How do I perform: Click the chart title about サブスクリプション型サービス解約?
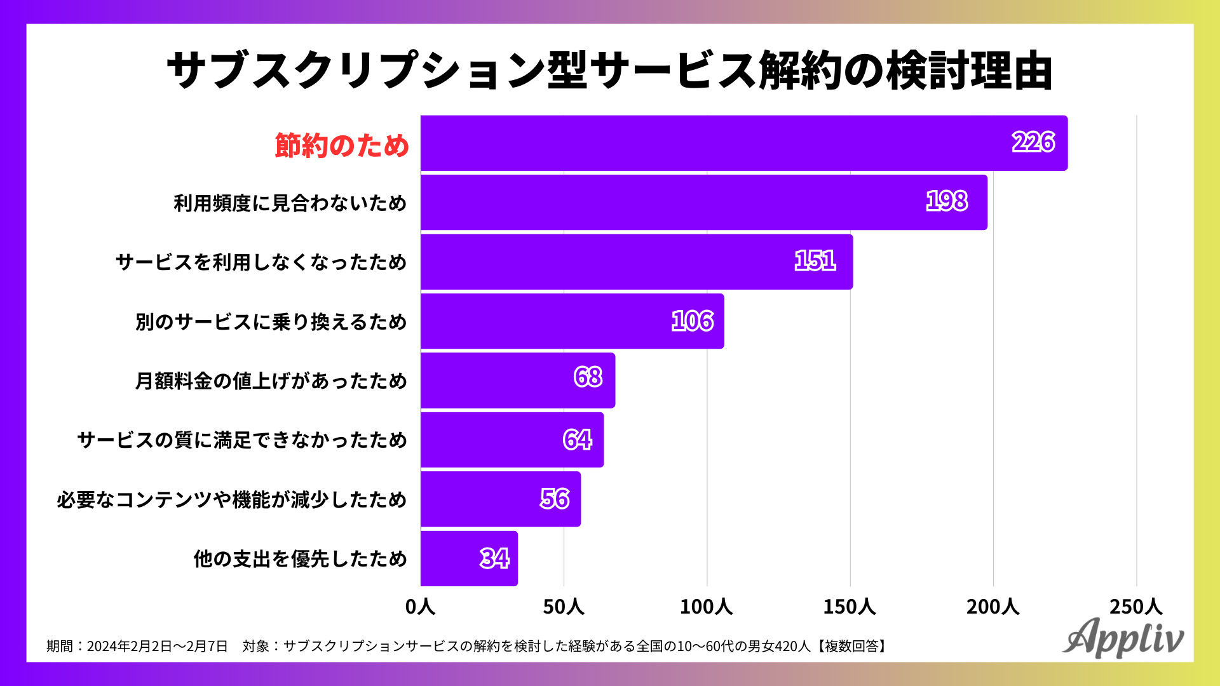(609, 70)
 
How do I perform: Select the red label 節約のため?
(342, 145)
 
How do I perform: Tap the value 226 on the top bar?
(1033, 142)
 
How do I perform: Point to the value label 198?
(947, 201)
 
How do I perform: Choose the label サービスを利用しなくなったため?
(261, 262)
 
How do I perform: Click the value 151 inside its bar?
(815, 261)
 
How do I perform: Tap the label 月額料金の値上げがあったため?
(271, 381)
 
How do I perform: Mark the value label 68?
(588, 377)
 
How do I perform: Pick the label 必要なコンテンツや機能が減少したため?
(232, 500)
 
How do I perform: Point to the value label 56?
(555, 499)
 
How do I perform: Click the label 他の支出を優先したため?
(301, 559)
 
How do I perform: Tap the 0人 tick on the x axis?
(420, 607)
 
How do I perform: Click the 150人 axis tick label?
(850, 607)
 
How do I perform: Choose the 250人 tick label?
(1135, 607)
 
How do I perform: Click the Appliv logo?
(1123, 637)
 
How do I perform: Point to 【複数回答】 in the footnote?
(851, 647)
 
